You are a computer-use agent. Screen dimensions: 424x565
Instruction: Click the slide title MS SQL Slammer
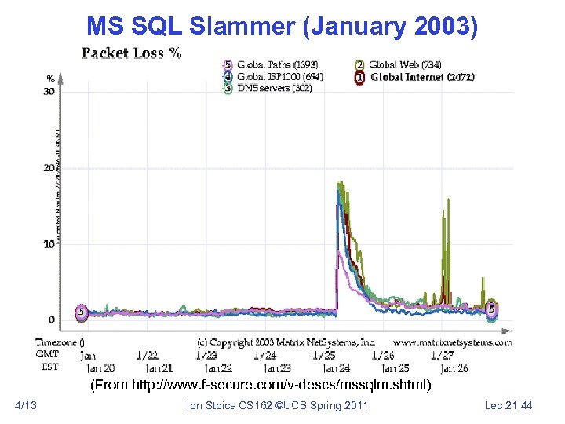[x=282, y=27]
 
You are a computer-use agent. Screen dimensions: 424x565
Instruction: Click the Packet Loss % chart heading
[x=132, y=53]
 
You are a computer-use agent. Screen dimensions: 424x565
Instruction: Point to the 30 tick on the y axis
[x=49, y=91]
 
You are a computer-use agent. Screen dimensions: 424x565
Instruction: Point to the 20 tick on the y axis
[x=49, y=168]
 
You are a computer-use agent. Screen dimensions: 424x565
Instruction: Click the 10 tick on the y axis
[x=49, y=243]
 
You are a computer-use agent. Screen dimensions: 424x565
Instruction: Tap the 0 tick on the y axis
[x=52, y=320]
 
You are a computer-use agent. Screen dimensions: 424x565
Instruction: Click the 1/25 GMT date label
[x=323, y=355]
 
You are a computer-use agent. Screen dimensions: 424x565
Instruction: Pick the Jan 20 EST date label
[x=101, y=367]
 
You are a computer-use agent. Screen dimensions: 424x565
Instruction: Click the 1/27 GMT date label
[x=442, y=355]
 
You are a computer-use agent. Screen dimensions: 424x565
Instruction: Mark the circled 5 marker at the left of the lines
[x=81, y=312]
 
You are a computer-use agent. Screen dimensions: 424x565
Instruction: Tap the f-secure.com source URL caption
[x=261, y=386]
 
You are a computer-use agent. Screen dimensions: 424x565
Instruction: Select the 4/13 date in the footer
[x=26, y=405]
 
